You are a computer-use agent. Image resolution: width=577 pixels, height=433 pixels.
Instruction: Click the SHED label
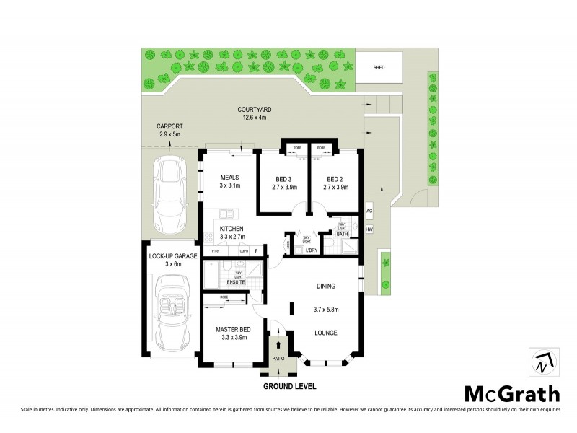pyautogui.click(x=379, y=67)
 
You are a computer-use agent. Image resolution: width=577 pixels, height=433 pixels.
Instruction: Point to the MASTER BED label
pyautogui.click(x=232, y=330)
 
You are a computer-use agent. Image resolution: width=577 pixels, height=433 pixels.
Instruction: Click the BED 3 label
pyautogui.click(x=283, y=179)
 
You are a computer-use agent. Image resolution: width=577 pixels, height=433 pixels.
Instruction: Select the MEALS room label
pyautogui.click(x=229, y=177)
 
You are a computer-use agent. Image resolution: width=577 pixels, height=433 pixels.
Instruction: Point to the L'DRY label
pyautogui.click(x=312, y=250)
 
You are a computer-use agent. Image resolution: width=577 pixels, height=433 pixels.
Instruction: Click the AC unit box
pyautogui.click(x=369, y=211)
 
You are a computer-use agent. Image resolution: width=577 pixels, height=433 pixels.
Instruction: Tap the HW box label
pyautogui.click(x=369, y=229)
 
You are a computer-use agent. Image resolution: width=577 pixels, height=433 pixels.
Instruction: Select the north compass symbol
pyautogui.click(x=544, y=362)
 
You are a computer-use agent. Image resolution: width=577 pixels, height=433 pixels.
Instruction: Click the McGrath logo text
pyautogui.click(x=511, y=394)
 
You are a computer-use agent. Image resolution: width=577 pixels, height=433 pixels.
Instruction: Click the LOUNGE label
pyautogui.click(x=326, y=333)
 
